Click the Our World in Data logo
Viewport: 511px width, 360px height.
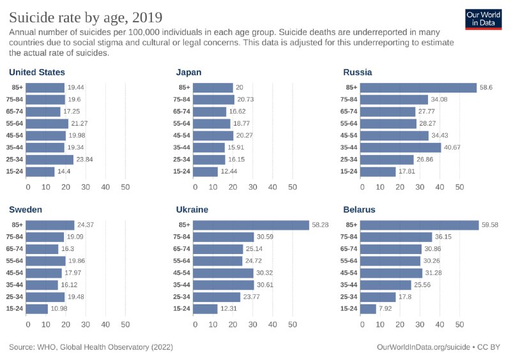(483, 19)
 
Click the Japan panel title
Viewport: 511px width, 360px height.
(188, 72)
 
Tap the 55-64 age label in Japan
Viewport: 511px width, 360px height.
(181, 124)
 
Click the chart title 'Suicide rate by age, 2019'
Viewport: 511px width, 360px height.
(85, 16)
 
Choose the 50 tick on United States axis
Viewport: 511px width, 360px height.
(125, 187)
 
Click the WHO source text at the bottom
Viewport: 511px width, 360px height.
(91, 348)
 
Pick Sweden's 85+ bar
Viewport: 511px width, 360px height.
(51, 225)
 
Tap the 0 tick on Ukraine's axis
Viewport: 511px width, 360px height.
(193, 324)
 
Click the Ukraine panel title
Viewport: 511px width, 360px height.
(192, 209)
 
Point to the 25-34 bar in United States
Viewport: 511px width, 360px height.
(50, 160)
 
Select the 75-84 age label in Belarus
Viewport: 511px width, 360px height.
(350, 237)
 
